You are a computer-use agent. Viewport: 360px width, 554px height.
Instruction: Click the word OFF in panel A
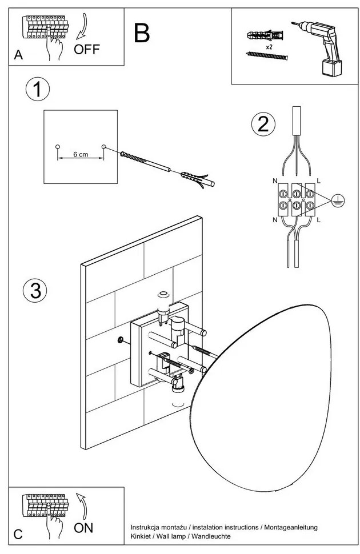click(x=87, y=49)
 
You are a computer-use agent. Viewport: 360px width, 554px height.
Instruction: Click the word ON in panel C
click(x=83, y=528)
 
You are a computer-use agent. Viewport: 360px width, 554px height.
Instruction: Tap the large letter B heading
click(x=142, y=33)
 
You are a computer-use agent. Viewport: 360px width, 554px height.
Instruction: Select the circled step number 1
click(x=38, y=90)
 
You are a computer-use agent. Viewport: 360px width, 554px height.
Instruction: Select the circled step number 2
click(x=263, y=125)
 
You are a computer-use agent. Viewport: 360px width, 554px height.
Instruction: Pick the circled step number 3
click(x=35, y=291)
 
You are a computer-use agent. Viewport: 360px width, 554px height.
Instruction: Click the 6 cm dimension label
click(x=81, y=154)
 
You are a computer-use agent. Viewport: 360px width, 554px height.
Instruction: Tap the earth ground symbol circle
click(x=338, y=200)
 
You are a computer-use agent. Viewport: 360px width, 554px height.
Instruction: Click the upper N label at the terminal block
click(x=275, y=181)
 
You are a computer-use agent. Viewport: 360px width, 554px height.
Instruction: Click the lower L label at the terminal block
click(x=319, y=220)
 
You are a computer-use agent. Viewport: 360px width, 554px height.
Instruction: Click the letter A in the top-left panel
click(x=18, y=55)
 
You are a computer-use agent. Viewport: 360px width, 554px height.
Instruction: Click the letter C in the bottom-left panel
click(x=18, y=534)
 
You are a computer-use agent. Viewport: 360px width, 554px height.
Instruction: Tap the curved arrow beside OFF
click(x=82, y=26)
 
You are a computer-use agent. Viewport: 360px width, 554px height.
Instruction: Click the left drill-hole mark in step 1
click(x=58, y=147)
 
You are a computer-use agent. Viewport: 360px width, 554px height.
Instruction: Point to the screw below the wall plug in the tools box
click(x=267, y=56)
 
